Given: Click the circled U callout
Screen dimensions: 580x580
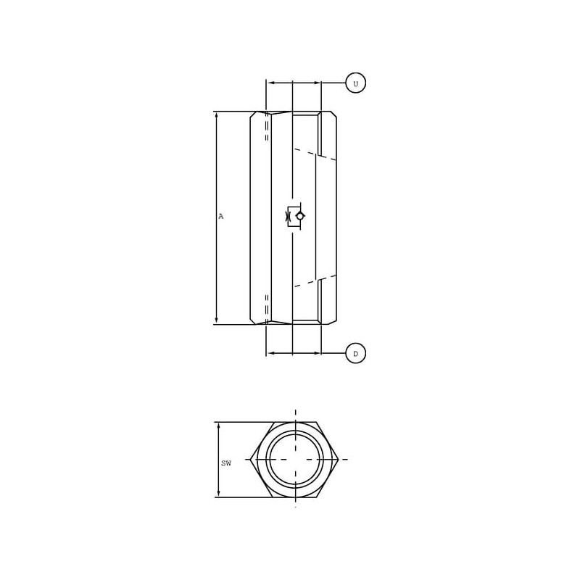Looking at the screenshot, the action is (355, 83).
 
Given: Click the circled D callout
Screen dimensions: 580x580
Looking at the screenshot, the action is (355, 353).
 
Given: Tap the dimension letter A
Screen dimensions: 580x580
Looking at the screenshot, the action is (221, 216).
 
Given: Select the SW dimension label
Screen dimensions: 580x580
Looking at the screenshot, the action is (226, 463).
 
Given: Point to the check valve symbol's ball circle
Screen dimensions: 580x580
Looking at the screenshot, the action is (299, 216).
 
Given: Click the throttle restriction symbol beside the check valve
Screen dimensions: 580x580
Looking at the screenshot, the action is (288, 216).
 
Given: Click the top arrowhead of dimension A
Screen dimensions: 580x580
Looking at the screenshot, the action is (217, 115).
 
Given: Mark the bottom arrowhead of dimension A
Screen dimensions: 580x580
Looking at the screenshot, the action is (217, 320).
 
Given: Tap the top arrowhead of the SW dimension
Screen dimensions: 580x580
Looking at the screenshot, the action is (219, 426).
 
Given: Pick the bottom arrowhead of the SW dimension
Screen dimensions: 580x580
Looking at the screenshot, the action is (219, 493).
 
